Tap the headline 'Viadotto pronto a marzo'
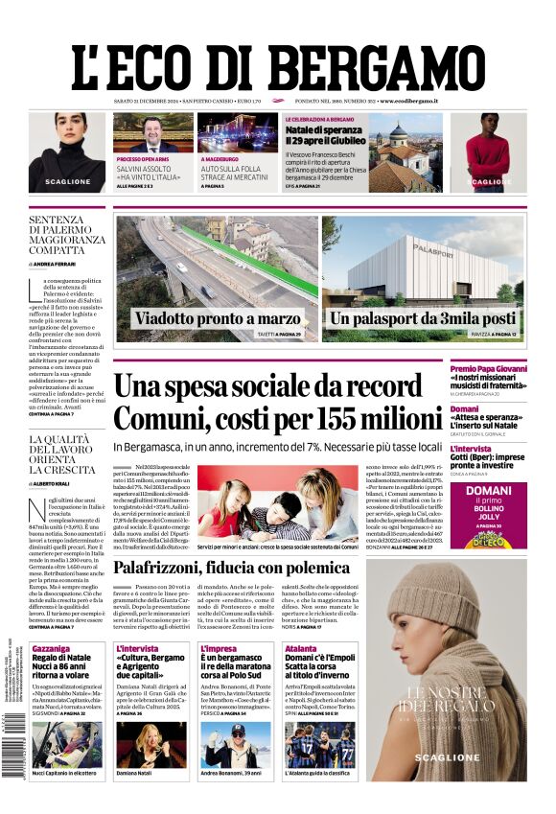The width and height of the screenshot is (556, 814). (217, 319)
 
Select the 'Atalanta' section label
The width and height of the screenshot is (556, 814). (300, 649)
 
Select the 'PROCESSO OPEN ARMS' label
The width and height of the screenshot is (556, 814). (143, 159)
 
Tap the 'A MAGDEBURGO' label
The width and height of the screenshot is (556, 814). (220, 159)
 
